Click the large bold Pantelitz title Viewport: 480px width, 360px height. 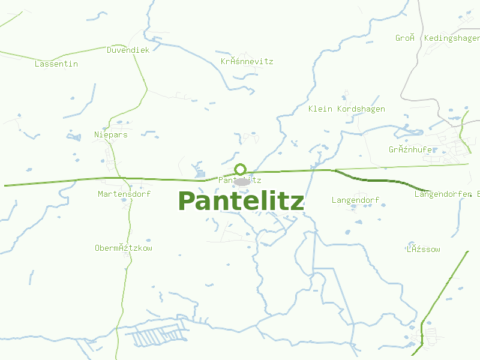point(241,202)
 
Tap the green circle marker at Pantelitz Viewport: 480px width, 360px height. point(241,169)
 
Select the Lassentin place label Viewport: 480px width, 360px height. point(56,64)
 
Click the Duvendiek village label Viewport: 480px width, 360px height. point(128,50)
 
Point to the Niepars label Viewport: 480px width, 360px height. point(111,134)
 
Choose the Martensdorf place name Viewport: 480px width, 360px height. point(124,194)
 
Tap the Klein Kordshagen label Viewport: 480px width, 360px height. point(346,109)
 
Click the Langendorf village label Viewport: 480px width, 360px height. point(355,199)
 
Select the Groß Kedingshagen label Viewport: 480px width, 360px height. point(437,38)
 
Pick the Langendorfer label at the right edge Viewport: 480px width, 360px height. point(447,194)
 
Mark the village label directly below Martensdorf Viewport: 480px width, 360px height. point(124,248)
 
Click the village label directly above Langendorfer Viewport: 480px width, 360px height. point(410,149)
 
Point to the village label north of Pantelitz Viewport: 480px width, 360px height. point(247,61)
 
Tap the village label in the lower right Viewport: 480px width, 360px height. point(423,249)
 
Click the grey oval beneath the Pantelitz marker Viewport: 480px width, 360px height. point(241,181)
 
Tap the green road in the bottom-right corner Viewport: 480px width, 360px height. point(444,288)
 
